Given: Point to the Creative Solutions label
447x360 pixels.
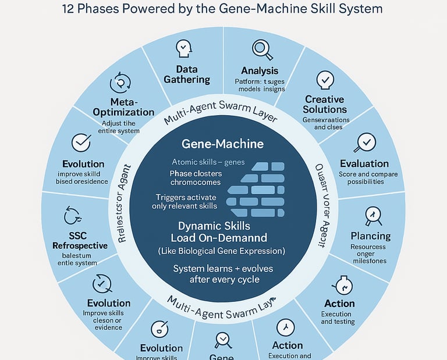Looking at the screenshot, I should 325,104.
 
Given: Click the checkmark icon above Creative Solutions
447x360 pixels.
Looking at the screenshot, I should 325,80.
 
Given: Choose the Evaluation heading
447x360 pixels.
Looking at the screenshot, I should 364,163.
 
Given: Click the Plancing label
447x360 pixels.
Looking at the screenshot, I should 371,236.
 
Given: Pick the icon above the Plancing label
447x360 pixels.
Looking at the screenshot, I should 372,216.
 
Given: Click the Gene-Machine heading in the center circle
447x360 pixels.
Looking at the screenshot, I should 223,144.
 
